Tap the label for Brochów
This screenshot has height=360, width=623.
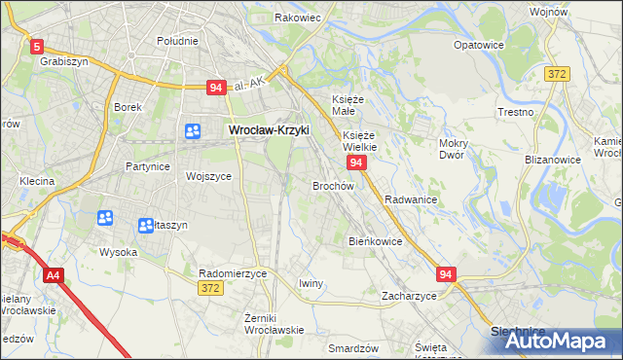[333, 185]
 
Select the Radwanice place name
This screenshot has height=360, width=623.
[410, 199]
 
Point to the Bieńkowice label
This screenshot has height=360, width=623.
[375, 240]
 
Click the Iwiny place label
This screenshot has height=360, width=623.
[311, 283]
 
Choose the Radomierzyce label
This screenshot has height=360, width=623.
[232, 274]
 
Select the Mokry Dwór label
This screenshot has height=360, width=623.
[454, 149]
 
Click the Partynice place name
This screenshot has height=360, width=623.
[148, 166]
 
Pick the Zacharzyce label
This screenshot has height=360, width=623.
[409, 296]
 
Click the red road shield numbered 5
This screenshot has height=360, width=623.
[37, 46]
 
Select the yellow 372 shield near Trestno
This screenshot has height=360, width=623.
[557, 74]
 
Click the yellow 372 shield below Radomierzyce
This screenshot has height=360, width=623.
[208, 288]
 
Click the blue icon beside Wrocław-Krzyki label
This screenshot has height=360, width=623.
[193, 130]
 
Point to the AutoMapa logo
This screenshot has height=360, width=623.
[554, 341]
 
